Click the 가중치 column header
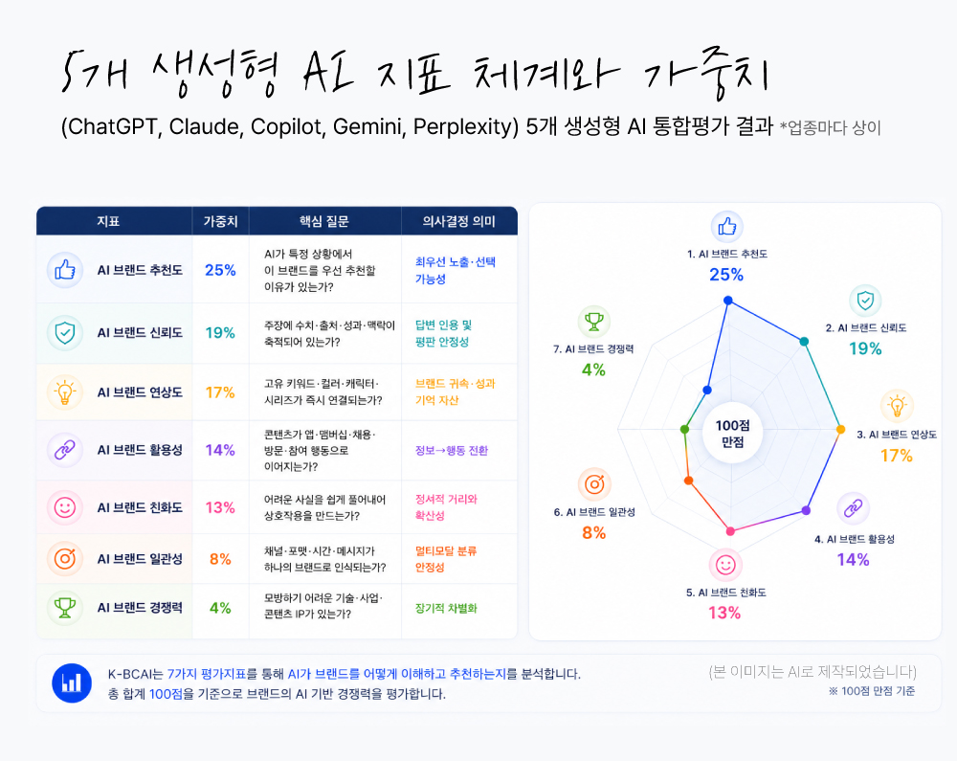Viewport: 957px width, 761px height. click(220, 221)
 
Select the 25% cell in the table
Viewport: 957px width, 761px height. click(220, 270)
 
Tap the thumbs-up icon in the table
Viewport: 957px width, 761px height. click(65, 269)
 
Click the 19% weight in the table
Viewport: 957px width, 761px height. click(220, 332)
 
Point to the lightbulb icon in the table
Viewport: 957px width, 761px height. click(65, 392)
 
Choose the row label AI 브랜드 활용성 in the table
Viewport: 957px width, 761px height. click(140, 450)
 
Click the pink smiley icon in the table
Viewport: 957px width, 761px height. click(65, 507)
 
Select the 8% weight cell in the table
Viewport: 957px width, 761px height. click(220, 559)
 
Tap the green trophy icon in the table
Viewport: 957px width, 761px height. click(65, 608)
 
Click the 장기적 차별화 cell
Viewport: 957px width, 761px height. click(446, 609)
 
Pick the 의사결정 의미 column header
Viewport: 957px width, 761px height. click(459, 221)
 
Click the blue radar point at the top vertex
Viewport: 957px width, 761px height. click(727, 301)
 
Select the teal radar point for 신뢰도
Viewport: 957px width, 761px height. click(805, 342)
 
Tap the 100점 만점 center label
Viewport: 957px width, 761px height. click(732, 434)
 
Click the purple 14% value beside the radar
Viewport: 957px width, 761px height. click(854, 560)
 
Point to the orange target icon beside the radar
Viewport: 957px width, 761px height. click(594, 484)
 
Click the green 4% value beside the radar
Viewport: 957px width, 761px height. click(594, 369)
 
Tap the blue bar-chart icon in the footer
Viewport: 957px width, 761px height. click(72, 683)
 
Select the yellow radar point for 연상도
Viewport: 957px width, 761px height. click(840, 430)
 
